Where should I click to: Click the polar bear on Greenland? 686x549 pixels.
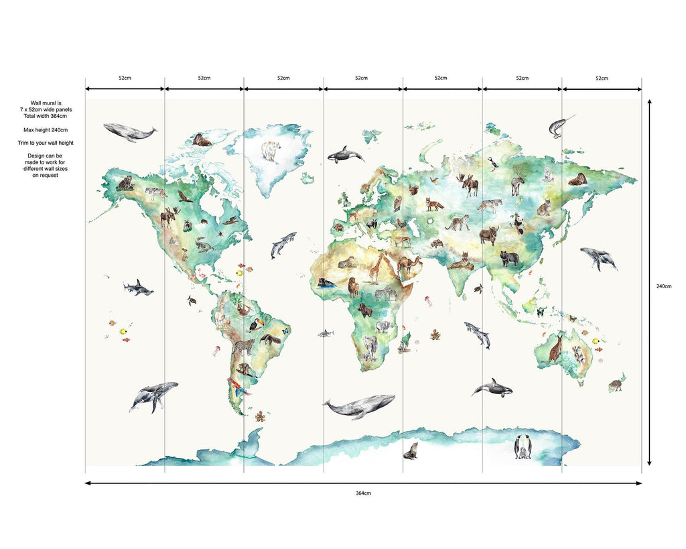pos(271,152)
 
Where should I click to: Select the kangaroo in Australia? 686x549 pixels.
pos(555,348)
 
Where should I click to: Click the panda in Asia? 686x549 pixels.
pos(519,223)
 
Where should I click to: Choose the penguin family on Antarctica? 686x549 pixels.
pos(523,447)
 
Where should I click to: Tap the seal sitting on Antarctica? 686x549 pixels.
pos(411,451)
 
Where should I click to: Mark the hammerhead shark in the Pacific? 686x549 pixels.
pos(138,288)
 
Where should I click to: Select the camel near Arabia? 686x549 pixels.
pos(408,265)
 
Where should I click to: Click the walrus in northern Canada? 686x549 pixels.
pos(201,140)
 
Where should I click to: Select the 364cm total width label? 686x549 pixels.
pos(363,493)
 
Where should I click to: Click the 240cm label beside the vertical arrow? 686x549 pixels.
pos(663,286)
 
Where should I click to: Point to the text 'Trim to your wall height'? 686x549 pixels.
pos(46,143)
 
